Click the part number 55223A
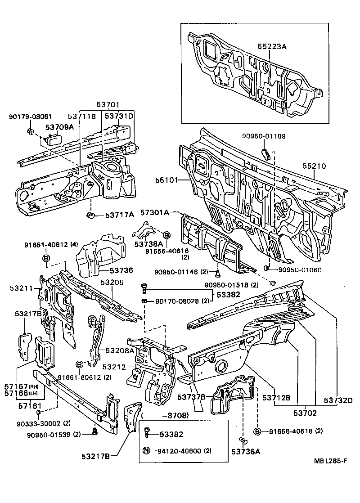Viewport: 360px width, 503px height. tap(272, 46)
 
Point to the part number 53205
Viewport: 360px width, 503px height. tap(112, 282)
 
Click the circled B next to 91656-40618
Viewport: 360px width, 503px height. tap(257, 431)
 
